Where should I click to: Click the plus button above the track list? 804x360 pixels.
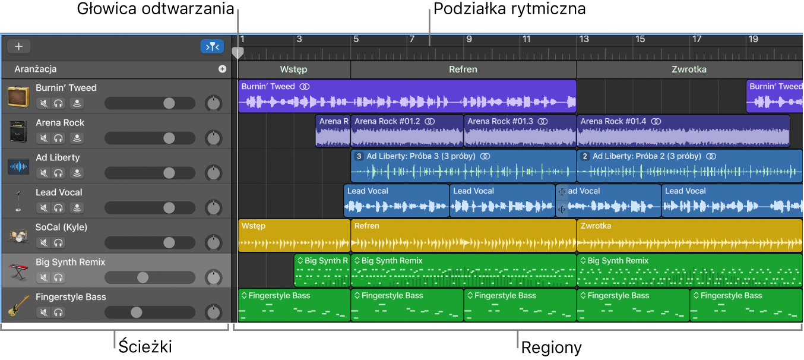[18, 46]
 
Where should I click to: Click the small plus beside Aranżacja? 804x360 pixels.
[222, 69]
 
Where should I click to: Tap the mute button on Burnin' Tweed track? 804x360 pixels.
[43, 103]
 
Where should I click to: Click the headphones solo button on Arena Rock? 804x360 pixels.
[58, 138]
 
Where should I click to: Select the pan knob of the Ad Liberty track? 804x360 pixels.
[213, 173]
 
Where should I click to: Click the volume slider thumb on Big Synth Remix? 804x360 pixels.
[143, 277]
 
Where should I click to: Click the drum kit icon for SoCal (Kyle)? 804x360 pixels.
[18, 236]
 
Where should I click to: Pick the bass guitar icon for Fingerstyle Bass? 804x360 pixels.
[18, 306]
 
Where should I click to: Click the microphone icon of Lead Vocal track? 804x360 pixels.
[18, 201]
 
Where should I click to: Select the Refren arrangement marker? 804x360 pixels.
[463, 70]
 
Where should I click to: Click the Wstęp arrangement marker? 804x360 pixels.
[293, 70]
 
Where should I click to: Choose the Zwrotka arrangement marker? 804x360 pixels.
[689, 70]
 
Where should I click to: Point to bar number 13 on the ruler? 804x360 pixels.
[584, 39]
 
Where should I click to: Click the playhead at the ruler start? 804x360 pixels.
[238, 53]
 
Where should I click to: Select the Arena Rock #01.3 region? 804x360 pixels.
[520, 131]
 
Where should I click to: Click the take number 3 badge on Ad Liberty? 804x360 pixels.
[358, 156]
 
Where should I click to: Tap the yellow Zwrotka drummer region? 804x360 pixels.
[689, 236]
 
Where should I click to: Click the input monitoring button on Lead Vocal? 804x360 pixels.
[76, 208]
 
